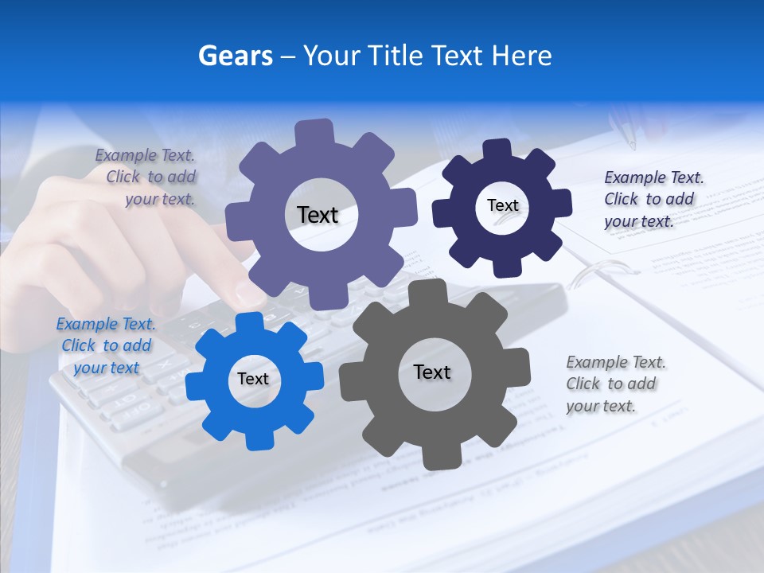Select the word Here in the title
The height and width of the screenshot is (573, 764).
click(x=521, y=56)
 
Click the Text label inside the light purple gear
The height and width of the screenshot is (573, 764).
click(x=318, y=215)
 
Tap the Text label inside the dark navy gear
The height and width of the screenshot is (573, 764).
click(x=502, y=205)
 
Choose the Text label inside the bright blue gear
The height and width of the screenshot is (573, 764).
click(x=253, y=379)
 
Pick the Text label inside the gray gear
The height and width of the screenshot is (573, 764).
click(x=431, y=372)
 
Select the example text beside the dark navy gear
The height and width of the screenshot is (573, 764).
click(x=653, y=199)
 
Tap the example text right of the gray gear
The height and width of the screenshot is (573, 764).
click(x=615, y=384)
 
